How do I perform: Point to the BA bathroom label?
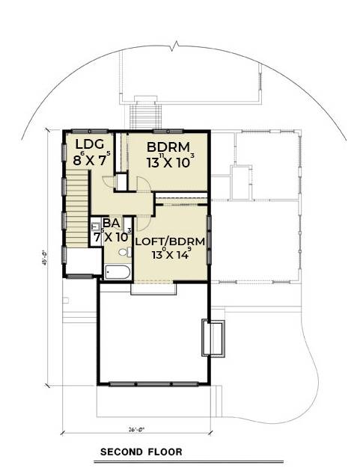pos(112,222)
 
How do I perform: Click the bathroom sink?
pos(96,226)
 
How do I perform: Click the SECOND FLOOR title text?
pos(141,452)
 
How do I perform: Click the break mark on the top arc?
pos(176,48)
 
